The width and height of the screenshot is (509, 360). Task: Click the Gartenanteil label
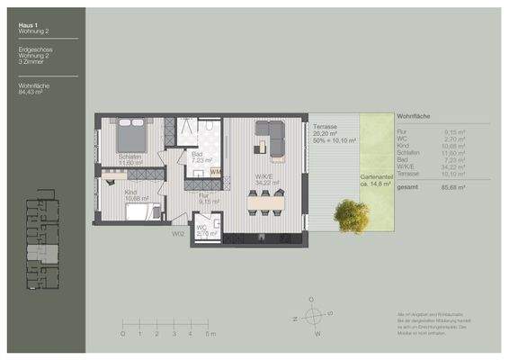pyautogui.click(x=375, y=181)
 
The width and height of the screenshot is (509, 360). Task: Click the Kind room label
pyautogui.click(x=131, y=193)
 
